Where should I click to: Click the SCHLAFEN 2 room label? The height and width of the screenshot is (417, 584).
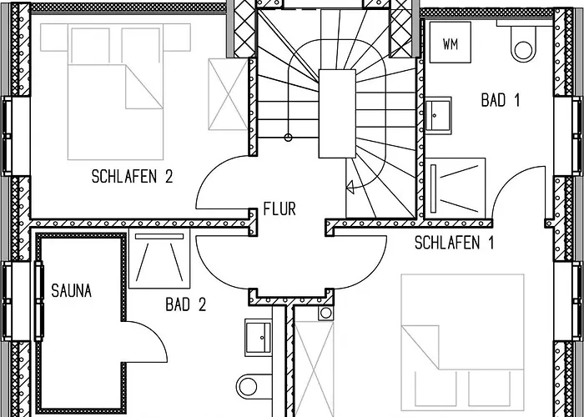click(x=132, y=177)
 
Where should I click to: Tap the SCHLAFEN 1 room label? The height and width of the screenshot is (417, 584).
click(x=454, y=243)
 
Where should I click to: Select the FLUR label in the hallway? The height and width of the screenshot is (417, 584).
click(x=279, y=208)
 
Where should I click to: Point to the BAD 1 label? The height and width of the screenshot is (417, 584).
click(x=500, y=100)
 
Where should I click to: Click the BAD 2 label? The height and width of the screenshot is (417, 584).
click(x=185, y=304)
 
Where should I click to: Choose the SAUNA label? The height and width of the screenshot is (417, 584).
click(x=71, y=291)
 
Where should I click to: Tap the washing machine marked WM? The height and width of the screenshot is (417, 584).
click(x=451, y=42)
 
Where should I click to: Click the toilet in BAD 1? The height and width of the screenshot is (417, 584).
click(x=523, y=42)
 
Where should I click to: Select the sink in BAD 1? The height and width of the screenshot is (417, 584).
click(x=438, y=115)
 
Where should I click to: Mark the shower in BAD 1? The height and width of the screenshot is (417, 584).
click(x=456, y=188)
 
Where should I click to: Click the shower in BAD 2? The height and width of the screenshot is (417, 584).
click(x=159, y=259)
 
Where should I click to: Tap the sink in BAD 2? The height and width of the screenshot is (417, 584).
click(x=259, y=337)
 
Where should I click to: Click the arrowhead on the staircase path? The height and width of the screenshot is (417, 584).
click(x=350, y=187)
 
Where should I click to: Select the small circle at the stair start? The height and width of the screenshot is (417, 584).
click(x=288, y=138)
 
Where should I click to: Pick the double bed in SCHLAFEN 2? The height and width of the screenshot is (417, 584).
click(x=115, y=92)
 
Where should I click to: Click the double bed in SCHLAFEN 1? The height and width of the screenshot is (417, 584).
click(x=462, y=340)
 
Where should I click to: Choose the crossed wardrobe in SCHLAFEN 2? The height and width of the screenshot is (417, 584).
click(x=229, y=94)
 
